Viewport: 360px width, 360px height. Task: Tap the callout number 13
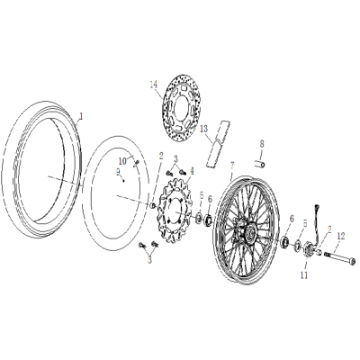tap(203, 129)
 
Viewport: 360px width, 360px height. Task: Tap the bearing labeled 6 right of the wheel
tap(290, 239)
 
